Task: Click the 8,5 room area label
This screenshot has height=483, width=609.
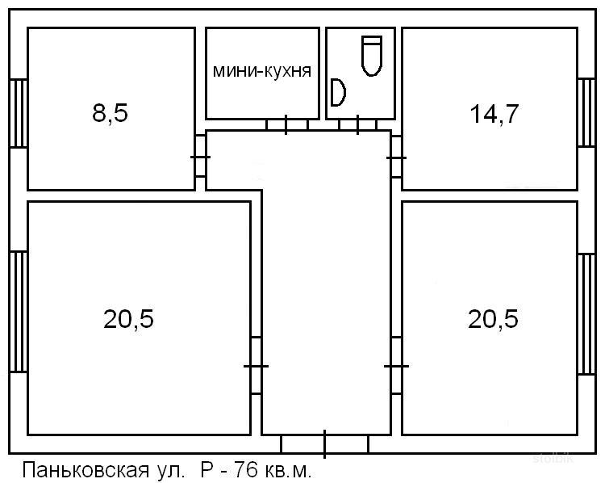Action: point(110,113)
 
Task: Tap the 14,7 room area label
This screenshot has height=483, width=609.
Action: point(494,114)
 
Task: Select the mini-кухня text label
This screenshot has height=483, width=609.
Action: point(262,71)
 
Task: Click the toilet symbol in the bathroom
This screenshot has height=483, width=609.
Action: point(372,56)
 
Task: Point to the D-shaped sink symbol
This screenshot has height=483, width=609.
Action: point(338,92)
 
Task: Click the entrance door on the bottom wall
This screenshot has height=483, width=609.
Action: point(325,443)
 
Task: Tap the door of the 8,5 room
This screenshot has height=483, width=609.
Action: point(200,157)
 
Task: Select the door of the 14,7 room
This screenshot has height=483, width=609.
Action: point(397,157)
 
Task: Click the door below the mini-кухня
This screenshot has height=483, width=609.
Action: point(286,125)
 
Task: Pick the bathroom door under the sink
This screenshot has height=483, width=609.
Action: point(357,125)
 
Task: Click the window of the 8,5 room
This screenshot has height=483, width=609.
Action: point(19,113)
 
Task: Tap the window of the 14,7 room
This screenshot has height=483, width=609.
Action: point(586,112)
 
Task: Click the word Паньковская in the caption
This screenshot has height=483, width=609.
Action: point(86,470)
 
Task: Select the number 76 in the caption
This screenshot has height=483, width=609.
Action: point(245,470)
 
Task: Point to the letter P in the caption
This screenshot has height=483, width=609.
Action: point(206,470)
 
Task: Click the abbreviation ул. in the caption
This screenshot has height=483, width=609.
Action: point(170,471)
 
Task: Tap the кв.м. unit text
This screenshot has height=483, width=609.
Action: point(288,471)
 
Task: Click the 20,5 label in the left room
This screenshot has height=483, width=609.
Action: point(128,319)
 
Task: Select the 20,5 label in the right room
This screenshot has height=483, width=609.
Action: point(493,319)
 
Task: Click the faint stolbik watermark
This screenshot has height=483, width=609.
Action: point(553,458)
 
